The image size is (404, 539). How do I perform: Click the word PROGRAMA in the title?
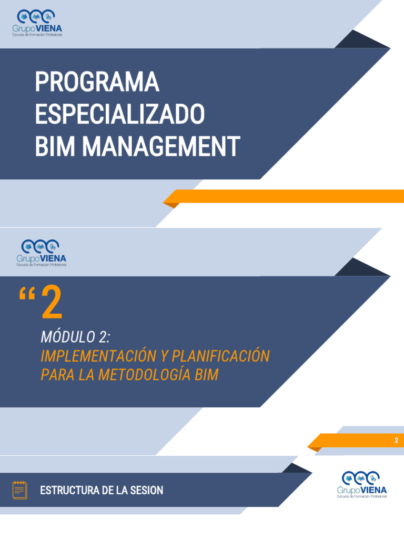[97, 83]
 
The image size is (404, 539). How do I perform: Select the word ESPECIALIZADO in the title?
[119, 114]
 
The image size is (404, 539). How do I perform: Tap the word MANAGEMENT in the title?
[161, 146]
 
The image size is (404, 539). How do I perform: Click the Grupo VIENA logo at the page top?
[38, 23]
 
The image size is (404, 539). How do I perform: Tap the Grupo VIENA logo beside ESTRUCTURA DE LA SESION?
[362, 484]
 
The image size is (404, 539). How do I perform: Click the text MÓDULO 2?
[75, 337]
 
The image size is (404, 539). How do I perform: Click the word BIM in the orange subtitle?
[206, 375]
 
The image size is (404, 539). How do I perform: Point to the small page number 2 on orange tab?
[397, 441]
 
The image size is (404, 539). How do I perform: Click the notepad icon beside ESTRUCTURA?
[20, 490]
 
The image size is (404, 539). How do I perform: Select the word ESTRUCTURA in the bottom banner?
[70, 491]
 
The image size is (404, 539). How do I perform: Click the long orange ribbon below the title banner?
[284, 196]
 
